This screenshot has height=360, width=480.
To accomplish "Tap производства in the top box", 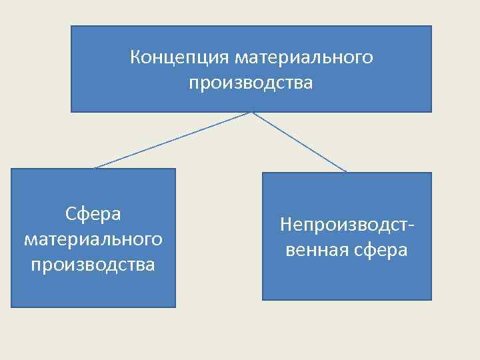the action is click(251, 84).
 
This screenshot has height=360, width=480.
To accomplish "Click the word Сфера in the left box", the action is click(93, 214).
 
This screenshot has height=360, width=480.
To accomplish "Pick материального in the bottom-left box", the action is click(93, 239).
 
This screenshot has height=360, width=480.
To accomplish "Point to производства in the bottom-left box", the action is click(93, 264).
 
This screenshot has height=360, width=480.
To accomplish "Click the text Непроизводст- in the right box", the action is click(347, 224).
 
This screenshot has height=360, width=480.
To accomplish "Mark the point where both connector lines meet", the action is click(251, 112).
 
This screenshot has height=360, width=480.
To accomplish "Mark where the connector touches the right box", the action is click(347, 173).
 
